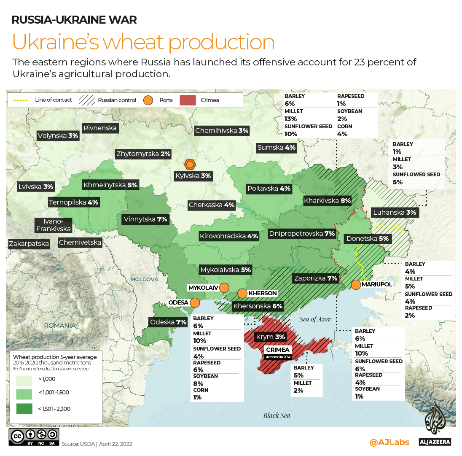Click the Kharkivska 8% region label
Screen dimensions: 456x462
(328, 201)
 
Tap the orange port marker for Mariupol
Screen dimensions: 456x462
(356, 285)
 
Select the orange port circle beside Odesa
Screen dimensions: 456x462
(195, 302)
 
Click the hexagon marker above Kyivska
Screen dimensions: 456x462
(190, 164)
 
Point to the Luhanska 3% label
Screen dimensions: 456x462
(394, 213)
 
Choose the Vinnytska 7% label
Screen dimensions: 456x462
(145, 219)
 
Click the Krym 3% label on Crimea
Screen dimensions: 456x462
(270, 337)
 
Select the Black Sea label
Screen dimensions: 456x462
(277, 416)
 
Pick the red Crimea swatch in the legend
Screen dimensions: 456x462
(188, 100)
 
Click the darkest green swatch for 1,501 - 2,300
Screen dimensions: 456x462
(25, 408)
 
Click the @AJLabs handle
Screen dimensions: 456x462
(389, 442)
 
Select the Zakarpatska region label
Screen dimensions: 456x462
(29, 243)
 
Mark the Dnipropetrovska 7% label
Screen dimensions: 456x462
(302, 233)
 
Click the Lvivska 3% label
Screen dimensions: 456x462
(36, 186)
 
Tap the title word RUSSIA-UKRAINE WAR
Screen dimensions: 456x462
(74, 19)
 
